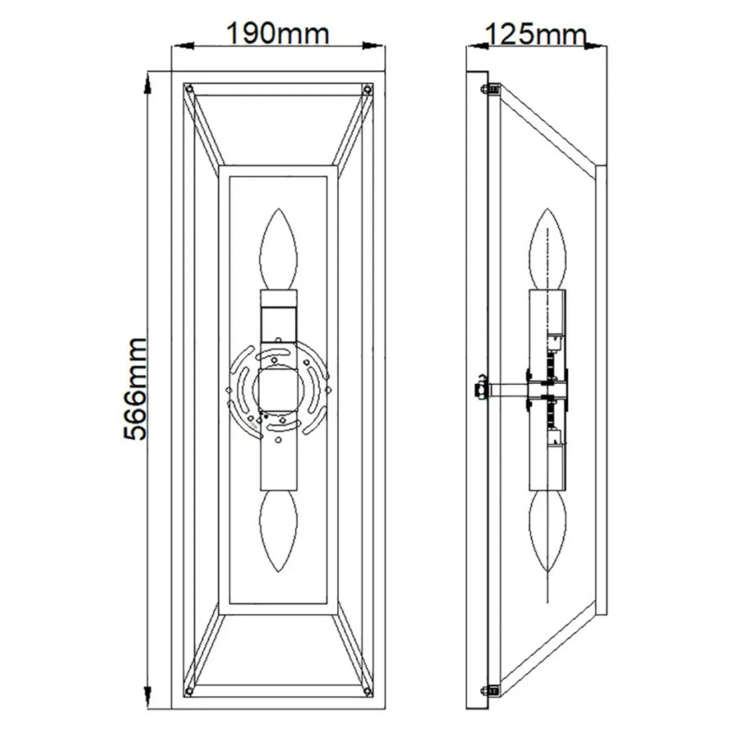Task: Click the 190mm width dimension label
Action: point(278,34)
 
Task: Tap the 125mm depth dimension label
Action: point(536,34)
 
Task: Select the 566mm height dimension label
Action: point(135,389)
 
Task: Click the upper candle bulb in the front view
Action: point(278,249)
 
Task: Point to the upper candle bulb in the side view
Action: point(548,249)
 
